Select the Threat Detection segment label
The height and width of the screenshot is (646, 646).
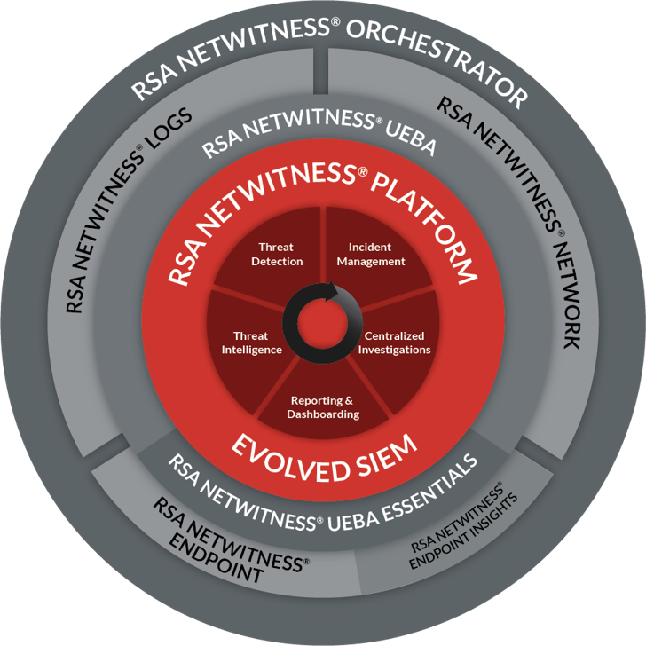pos(277,255)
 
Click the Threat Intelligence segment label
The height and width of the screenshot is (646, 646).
pos(251,343)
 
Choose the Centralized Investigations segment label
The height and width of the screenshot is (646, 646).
pos(396,343)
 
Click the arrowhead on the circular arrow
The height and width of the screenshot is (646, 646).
pos(332,289)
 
